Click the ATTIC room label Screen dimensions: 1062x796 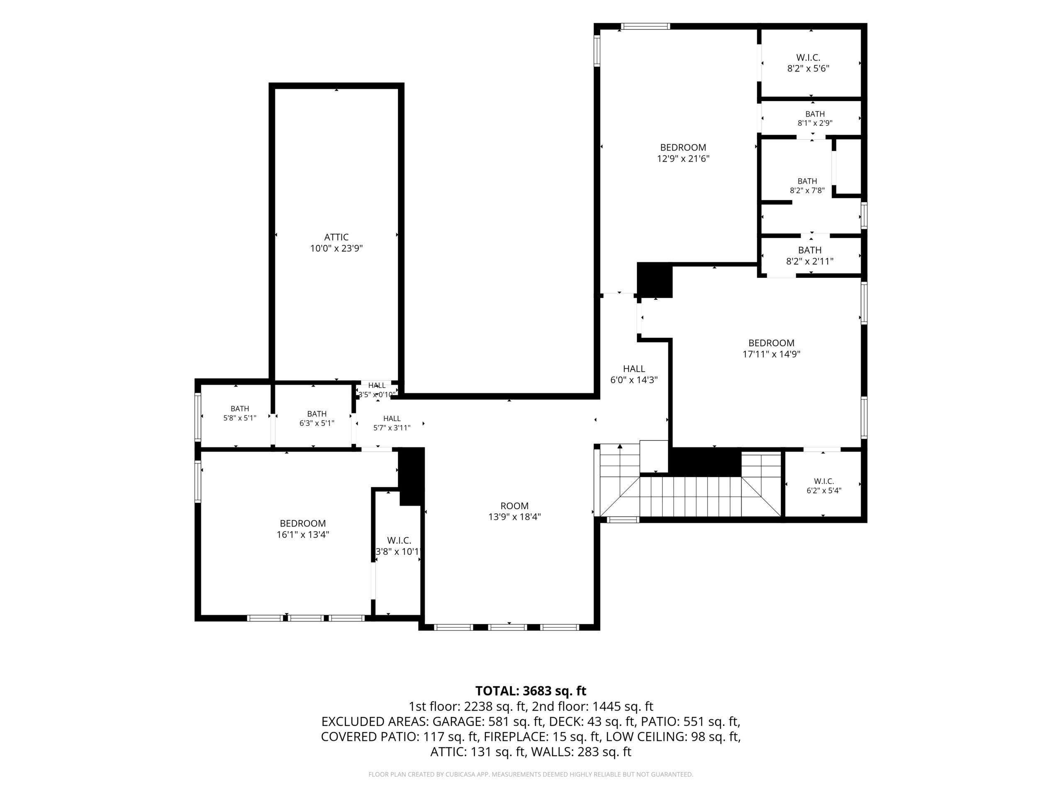coord(336,237)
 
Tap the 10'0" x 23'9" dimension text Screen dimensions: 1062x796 coord(336,248)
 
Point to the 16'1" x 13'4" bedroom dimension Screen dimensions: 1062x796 coord(302,534)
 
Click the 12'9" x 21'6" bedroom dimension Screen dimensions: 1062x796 coord(683,158)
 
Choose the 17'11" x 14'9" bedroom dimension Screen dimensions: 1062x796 coord(771,354)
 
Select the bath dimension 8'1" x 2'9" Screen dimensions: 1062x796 coord(815,123)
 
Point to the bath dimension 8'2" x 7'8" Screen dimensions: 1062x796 coord(807,190)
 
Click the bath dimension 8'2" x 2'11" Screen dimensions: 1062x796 coord(809,262)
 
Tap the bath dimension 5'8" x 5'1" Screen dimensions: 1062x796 coord(240,418)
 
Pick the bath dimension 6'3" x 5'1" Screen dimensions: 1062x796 coord(317,423)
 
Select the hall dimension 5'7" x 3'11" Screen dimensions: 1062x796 coord(392,428)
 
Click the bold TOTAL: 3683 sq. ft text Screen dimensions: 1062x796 coord(531,691)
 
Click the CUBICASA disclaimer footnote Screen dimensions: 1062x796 coord(531,774)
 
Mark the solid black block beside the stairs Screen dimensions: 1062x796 coord(705,462)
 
